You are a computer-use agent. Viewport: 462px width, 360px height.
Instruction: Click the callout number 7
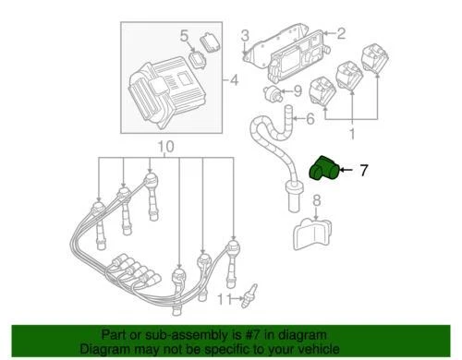(x=364, y=170)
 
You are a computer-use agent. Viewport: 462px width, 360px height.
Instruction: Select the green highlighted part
(x=324, y=170)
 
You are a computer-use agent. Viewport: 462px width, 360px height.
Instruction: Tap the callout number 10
(x=164, y=147)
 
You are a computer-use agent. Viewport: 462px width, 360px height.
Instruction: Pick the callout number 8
(x=316, y=200)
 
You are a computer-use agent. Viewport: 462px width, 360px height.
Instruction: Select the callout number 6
(x=309, y=118)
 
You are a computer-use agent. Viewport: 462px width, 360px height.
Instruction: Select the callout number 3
(x=246, y=36)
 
